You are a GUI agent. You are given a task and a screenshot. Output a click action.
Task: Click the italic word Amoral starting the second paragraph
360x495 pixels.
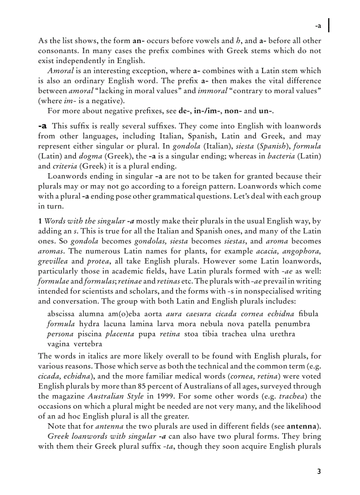[x=60, y=71]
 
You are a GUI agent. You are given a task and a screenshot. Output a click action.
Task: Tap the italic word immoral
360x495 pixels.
[x=211, y=90]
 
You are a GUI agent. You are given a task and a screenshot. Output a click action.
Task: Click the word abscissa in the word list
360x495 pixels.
[x=61, y=314]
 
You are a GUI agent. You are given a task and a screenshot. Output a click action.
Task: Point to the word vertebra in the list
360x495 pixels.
[x=88, y=344]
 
